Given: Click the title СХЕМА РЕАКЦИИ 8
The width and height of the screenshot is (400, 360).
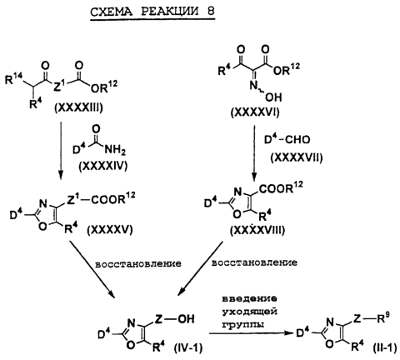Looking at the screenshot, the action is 152,12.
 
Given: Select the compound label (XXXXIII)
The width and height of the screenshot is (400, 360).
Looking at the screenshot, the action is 78,107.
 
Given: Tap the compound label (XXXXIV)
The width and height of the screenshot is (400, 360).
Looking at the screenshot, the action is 103,166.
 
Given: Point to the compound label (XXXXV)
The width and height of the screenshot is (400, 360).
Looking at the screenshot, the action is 110,229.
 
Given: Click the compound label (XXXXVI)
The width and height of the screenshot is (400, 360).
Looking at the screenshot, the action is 255,112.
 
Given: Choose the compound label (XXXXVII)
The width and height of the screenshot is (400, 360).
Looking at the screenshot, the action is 297,157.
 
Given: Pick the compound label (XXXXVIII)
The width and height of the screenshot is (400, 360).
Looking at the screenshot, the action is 257,230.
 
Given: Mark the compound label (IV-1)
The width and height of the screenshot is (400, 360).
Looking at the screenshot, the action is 188,347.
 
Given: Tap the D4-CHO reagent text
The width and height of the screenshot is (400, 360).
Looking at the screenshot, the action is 287,139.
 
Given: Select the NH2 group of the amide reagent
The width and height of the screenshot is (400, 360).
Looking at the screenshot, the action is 115,151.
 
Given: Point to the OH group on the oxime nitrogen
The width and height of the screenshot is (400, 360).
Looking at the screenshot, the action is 275,97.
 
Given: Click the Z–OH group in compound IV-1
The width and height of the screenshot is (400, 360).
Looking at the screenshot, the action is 174,318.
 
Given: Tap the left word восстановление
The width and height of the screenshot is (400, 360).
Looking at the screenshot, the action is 138,263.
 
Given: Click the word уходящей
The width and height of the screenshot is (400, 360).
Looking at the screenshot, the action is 250,311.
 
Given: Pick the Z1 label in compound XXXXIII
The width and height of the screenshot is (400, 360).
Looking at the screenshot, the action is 58,87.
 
